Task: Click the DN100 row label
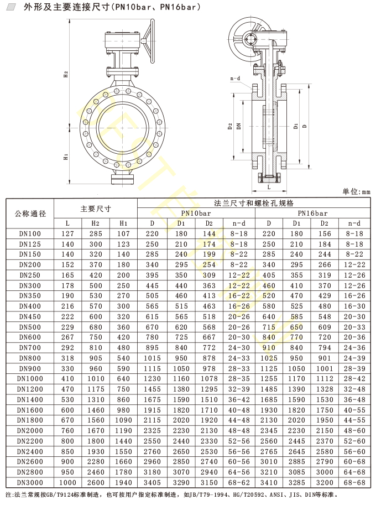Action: [30, 234]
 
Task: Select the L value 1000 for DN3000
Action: [67, 482]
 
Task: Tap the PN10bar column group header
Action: [196, 213]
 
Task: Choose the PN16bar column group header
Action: [312, 213]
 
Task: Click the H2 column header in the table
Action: [95, 223]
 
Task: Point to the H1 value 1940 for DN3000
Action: [124, 482]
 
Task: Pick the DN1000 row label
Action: [30, 379]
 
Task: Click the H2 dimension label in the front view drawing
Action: [66, 75]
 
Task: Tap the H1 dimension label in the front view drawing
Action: [66, 157]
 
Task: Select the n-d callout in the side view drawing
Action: [236, 79]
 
